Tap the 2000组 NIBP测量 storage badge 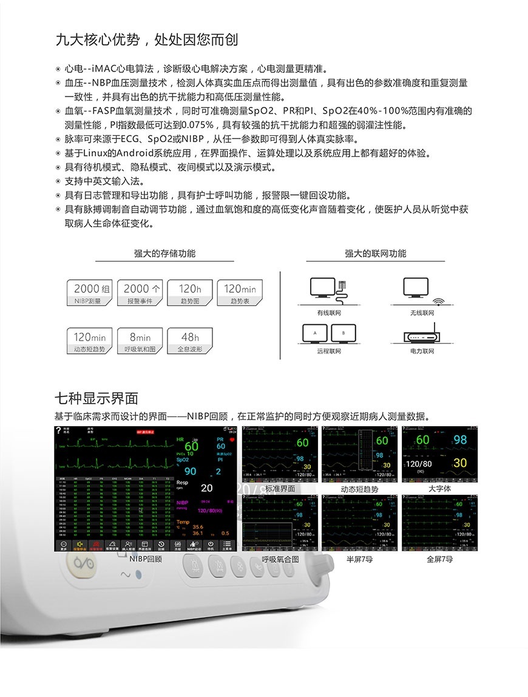[x=90, y=293]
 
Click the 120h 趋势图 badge [x=190, y=293]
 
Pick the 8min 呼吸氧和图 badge [x=140, y=341]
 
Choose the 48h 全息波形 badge [x=190, y=341]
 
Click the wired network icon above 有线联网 [x=328, y=291]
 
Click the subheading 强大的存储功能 [x=165, y=254]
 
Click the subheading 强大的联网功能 [x=376, y=254]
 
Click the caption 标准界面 [x=280, y=489]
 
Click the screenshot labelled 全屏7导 [x=439, y=523]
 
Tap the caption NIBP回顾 [x=146, y=559]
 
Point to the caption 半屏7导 [x=359, y=559]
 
